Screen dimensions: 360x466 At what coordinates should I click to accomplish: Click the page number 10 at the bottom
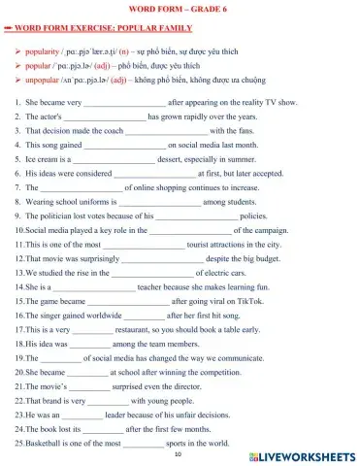pos(179,453)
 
